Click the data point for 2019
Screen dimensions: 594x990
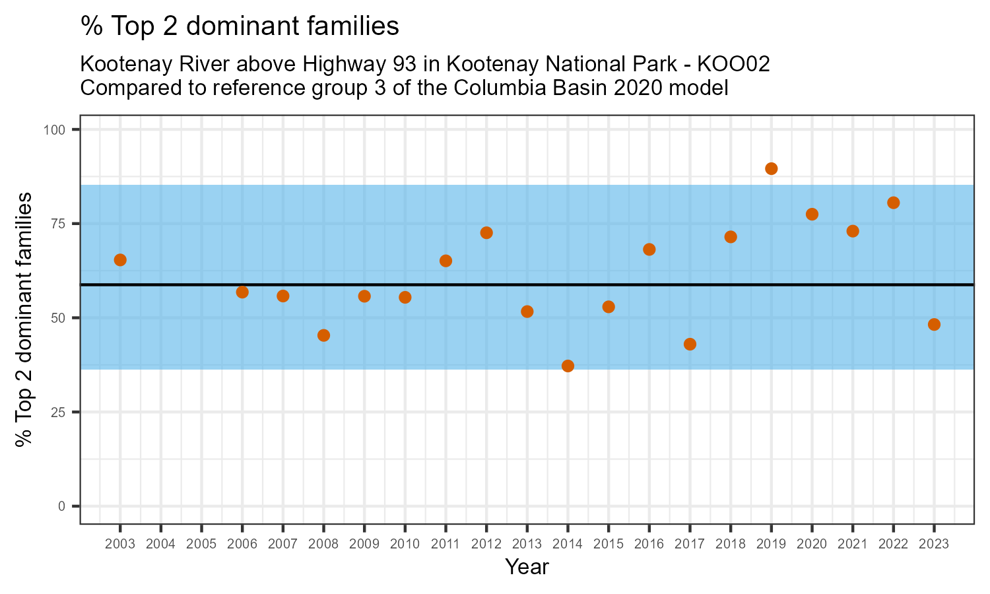pyautogui.click(x=771, y=168)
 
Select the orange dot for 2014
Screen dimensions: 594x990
pyautogui.click(x=568, y=366)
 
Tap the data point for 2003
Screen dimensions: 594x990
pyautogui.click(x=120, y=260)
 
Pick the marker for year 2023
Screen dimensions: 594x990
pyautogui.click(x=934, y=324)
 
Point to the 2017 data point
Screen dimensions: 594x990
pyautogui.click(x=690, y=344)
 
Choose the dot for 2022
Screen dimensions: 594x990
pyautogui.click(x=893, y=203)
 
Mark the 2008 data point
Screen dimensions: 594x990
pyautogui.click(x=323, y=335)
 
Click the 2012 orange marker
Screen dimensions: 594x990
pyautogui.click(x=486, y=232)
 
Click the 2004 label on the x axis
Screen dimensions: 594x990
pyautogui.click(x=160, y=544)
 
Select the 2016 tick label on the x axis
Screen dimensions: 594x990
pyautogui.click(x=649, y=544)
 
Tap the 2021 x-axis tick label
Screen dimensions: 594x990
pyautogui.click(x=852, y=544)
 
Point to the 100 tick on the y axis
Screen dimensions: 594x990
pyautogui.click(x=56, y=129)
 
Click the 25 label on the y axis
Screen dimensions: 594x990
pyautogui.click(x=59, y=412)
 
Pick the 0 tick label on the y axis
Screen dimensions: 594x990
pyautogui.click(x=63, y=506)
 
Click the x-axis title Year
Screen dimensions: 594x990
pyautogui.click(x=527, y=567)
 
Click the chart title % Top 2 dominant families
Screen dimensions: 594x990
pyautogui.click(x=240, y=26)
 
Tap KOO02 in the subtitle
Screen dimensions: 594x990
pyautogui.click(x=733, y=65)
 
